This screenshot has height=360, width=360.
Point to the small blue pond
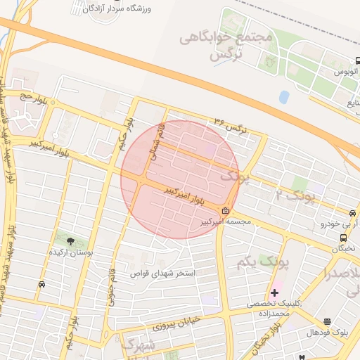284,97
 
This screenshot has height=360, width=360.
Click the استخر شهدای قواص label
163,271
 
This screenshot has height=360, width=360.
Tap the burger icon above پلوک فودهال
328,322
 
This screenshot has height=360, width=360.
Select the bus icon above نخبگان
340,236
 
